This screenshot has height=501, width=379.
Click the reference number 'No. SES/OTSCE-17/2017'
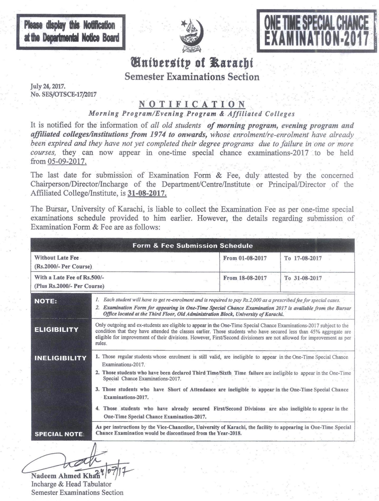[64, 94]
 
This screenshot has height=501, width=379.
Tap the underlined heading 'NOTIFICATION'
[192, 104]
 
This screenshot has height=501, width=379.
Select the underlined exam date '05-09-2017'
[67, 161]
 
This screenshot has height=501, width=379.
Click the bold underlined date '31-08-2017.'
[147, 194]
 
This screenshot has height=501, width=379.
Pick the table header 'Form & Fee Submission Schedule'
[193, 246]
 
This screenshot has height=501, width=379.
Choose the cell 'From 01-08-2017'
[245, 258]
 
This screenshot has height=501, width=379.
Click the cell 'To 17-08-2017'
[303, 258]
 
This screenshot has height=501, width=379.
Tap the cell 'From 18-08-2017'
[245, 278]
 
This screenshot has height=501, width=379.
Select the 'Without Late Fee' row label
[57, 258]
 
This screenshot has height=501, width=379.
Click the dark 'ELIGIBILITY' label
[57, 330]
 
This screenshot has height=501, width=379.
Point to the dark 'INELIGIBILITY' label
[60, 358]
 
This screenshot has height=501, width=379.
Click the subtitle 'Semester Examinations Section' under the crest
[192, 77]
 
